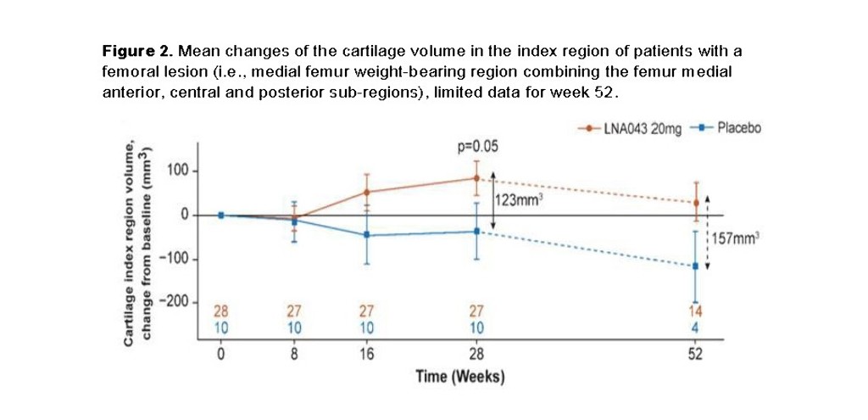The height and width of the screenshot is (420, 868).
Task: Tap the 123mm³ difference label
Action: (518, 200)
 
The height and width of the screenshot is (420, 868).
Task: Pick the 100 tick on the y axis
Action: (176, 171)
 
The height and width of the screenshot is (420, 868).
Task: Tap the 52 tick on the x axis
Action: (695, 355)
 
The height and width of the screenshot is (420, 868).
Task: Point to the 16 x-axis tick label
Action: (366, 355)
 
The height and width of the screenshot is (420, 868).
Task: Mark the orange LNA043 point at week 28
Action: (476, 178)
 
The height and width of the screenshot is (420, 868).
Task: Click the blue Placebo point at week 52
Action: (695, 266)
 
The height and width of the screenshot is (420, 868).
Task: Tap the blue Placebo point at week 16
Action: (366, 235)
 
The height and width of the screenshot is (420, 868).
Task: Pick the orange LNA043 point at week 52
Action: (695, 203)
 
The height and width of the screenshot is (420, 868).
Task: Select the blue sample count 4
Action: (695, 326)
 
